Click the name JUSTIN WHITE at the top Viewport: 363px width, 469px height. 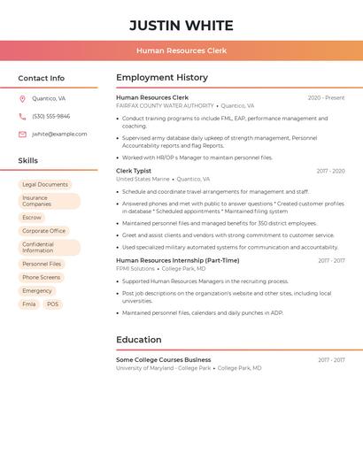[181, 26]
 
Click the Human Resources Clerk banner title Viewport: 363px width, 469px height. [181, 50]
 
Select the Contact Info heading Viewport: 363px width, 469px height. [41, 78]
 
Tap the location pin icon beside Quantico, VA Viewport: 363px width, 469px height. [22, 99]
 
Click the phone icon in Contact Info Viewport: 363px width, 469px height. [22, 117]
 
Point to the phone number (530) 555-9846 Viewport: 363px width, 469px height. [50, 117]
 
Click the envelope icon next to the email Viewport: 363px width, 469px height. [22, 135]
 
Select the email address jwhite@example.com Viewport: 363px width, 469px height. [59, 135]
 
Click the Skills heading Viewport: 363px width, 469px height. [28, 161]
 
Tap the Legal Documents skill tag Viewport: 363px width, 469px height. [45, 185]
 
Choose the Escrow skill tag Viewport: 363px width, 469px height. [32, 218]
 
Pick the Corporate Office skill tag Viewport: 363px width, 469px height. [44, 231]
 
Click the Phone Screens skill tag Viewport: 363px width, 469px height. [42, 278]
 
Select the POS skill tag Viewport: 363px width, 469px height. [53, 304]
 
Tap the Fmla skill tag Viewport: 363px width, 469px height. [29, 304]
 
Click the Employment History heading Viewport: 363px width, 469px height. [162, 78]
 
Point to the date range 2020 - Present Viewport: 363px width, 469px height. [326, 98]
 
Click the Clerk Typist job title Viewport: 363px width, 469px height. [134, 171]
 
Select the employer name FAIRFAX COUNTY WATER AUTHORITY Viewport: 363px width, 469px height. [165, 105]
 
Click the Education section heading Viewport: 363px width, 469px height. [139, 340]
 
